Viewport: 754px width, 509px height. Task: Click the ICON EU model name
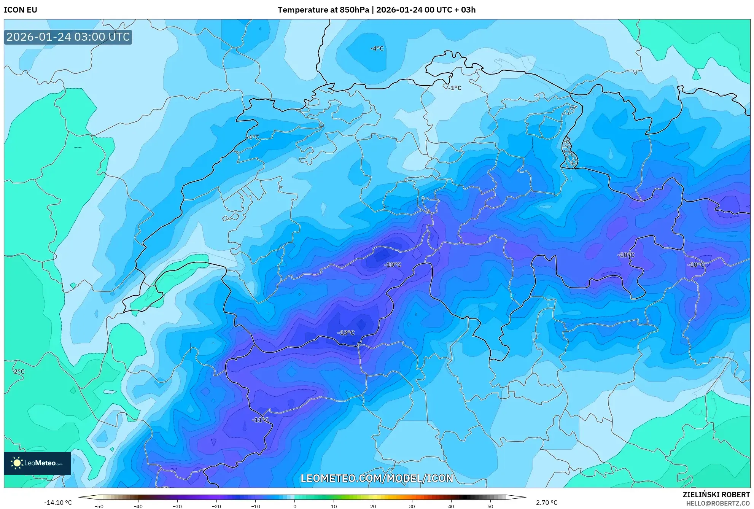[21, 10]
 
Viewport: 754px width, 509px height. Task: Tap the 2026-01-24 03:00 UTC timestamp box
[68, 37]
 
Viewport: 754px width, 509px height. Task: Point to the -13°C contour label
[346, 333]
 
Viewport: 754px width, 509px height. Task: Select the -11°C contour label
[260, 420]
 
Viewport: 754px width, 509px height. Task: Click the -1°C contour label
[455, 88]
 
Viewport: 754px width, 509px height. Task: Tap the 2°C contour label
[19, 372]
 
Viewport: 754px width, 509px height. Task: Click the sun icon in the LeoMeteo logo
[17, 463]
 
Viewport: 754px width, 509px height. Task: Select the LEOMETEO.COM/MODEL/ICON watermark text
[377, 478]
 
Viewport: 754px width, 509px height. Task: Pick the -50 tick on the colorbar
[99, 506]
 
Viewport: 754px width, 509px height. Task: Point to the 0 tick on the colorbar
[295, 506]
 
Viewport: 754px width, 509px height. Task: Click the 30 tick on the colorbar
[412, 506]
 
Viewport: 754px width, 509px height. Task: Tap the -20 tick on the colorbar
[216, 506]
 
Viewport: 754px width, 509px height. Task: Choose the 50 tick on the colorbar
[490, 506]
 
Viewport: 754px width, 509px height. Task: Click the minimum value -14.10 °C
[58, 503]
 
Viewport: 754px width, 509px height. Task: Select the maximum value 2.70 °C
[547, 503]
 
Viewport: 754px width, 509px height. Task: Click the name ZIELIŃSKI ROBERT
[716, 495]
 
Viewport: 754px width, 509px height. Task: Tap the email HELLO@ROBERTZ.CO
[718, 503]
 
